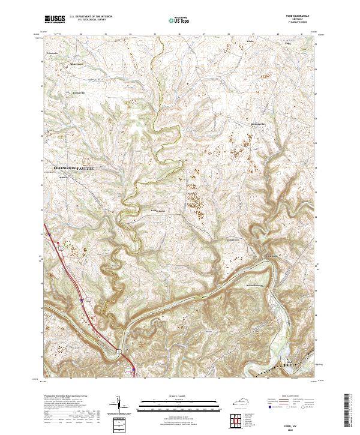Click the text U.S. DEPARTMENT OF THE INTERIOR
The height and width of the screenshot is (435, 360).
(x=90, y=17)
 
